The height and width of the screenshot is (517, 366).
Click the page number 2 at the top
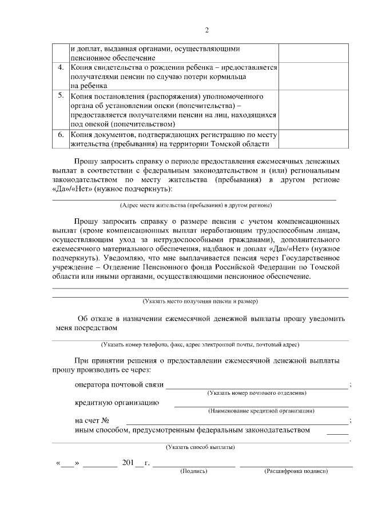pyautogui.click(x=207, y=30)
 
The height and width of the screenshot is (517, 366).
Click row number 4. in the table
pyautogui.click(x=61, y=68)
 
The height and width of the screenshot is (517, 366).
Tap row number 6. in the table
pyautogui.click(x=61, y=135)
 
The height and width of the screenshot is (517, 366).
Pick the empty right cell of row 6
pyautogui.click(x=313, y=139)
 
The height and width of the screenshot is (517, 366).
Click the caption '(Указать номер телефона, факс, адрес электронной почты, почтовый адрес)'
pyautogui.click(x=200, y=344)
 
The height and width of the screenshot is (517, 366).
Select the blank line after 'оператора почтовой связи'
pyautogui.click(x=257, y=386)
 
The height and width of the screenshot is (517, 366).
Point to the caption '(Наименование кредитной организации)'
pyautogui.click(x=261, y=411)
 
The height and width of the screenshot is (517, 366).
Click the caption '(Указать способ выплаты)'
pyautogui.click(x=200, y=447)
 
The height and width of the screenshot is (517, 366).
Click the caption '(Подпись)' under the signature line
pyautogui.click(x=194, y=471)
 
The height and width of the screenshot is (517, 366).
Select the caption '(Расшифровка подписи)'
pyautogui.click(x=296, y=471)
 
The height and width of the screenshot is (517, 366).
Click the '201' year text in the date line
pyautogui.click(x=127, y=462)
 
